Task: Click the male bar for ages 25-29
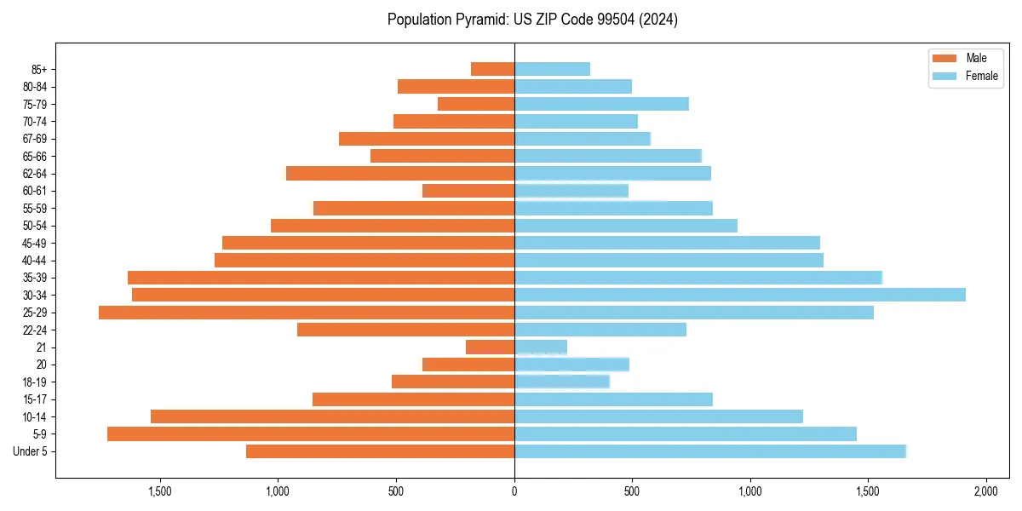(x=307, y=313)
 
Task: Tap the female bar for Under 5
(x=709, y=451)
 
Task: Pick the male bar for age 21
(x=490, y=347)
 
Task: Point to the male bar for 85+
(x=492, y=69)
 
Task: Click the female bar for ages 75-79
(x=601, y=104)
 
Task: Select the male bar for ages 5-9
(x=311, y=434)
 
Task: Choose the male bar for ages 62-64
(x=400, y=174)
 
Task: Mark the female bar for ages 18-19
(x=562, y=382)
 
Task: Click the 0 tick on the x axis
(x=514, y=491)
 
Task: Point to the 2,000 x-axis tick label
(x=985, y=491)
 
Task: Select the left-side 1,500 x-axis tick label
(x=160, y=491)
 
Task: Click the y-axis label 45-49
(x=35, y=243)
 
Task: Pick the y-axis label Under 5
(x=31, y=451)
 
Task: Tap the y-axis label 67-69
(x=35, y=139)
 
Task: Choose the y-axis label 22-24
(x=35, y=330)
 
